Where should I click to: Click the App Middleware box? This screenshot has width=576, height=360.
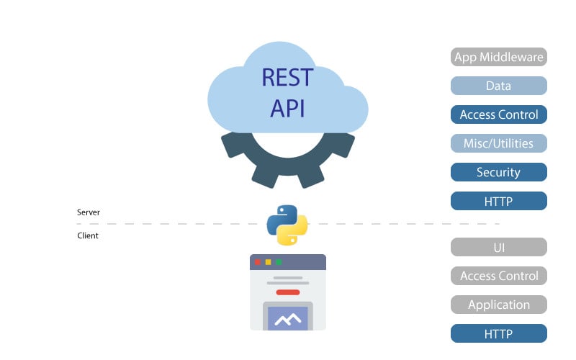tap(498, 57)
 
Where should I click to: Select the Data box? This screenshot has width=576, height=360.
tap(498, 86)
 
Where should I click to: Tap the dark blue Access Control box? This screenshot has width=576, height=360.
tap(498, 114)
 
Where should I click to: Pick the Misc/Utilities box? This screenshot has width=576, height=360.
tap(498, 143)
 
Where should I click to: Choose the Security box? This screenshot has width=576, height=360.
tap(498, 172)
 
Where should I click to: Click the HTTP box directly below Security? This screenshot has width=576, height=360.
tap(498, 201)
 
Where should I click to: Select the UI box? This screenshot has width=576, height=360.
tap(498, 247)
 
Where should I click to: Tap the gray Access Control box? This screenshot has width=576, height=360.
tap(498, 276)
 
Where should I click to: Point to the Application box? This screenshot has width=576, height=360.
tap(498, 305)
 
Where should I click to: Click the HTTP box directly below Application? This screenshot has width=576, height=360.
tap(498, 333)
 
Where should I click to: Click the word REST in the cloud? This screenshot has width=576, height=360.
tap(287, 78)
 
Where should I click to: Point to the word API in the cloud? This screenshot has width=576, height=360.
tap(287, 109)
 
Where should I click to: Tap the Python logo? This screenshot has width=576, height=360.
tap(287, 225)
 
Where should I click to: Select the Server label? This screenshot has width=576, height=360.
tap(88, 212)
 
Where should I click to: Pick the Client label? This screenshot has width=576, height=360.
tap(88, 235)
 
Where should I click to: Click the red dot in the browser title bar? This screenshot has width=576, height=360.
tap(258, 262)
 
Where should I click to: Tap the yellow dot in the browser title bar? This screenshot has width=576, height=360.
tap(268, 262)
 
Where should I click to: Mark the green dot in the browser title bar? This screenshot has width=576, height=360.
tap(279, 262)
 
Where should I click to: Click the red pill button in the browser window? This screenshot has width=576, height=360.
tap(287, 292)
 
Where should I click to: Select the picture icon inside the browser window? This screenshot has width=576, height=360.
tap(287, 316)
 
